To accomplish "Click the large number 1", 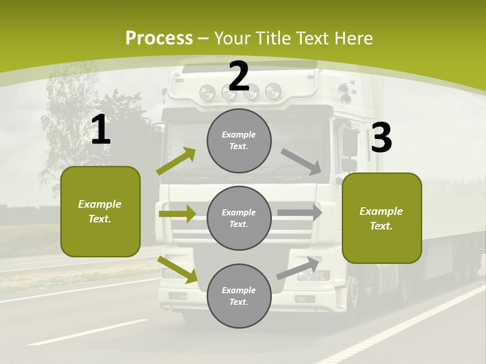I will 101,130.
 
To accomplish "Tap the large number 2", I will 238,77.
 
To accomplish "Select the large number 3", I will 381,138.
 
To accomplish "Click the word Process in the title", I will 159,38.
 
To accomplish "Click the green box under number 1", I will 100,211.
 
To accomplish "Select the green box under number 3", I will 382,218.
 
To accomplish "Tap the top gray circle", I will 239,141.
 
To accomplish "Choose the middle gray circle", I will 239,218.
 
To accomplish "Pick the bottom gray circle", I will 239,296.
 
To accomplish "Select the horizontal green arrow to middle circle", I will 177,214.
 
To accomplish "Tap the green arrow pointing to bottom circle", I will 178,269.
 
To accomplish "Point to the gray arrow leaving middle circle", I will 300,212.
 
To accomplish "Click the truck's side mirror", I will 350,143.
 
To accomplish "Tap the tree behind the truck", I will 76,126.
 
